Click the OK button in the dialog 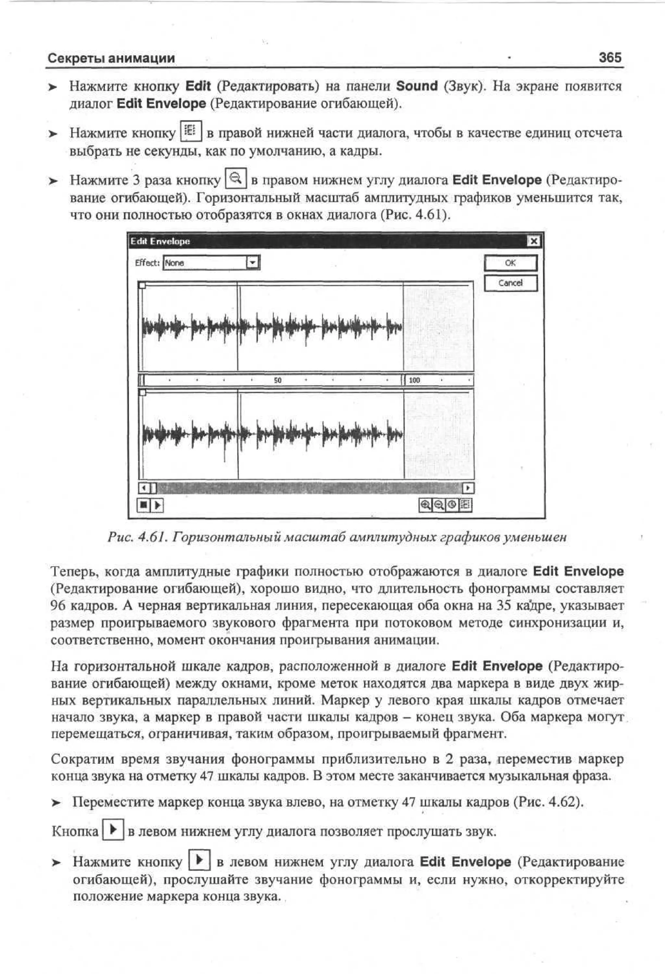pyautogui.click(x=510, y=263)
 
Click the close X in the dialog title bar pyautogui.click(x=533, y=241)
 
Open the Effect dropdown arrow pyautogui.click(x=253, y=263)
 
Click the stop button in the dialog pyautogui.click(x=143, y=505)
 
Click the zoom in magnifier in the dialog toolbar pyautogui.click(x=425, y=505)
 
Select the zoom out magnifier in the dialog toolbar pyautogui.click(x=438, y=505)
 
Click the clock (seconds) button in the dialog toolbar pyautogui.click(x=452, y=505)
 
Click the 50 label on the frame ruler pyautogui.click(x=277, y=380)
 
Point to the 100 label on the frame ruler pyautogui.click(x=414, y=380)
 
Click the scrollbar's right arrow pyautogui.click(x=468, y=488)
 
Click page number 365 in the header pyautogui.click(x=610, y=57)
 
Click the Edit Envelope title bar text pyautogui.click(x=160, y=241)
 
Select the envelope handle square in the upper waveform pyautogui.click(x=142, y=285)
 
